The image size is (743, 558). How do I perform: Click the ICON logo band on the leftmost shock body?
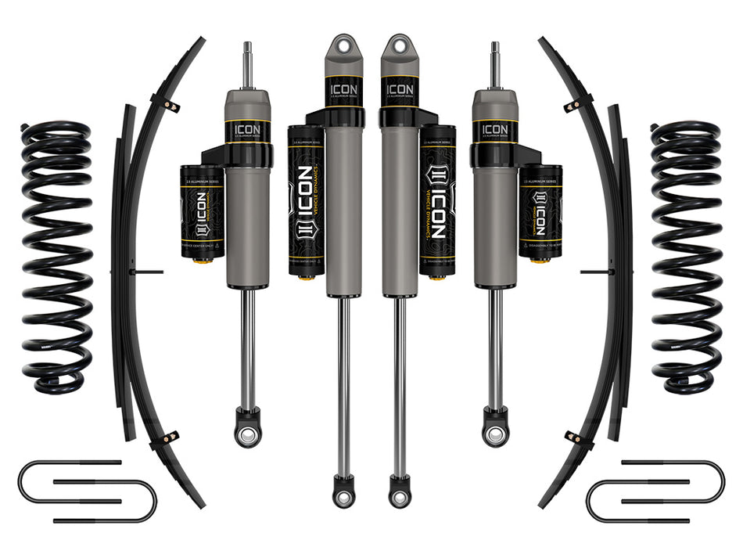248,130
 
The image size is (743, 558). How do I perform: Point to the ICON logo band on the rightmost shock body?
494,130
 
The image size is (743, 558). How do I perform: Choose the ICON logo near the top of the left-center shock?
343,90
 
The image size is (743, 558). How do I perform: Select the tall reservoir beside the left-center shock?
306,202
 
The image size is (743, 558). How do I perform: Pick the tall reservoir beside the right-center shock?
438,202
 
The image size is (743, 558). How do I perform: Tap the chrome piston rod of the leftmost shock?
248,344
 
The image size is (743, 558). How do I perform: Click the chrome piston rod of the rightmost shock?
495,344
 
